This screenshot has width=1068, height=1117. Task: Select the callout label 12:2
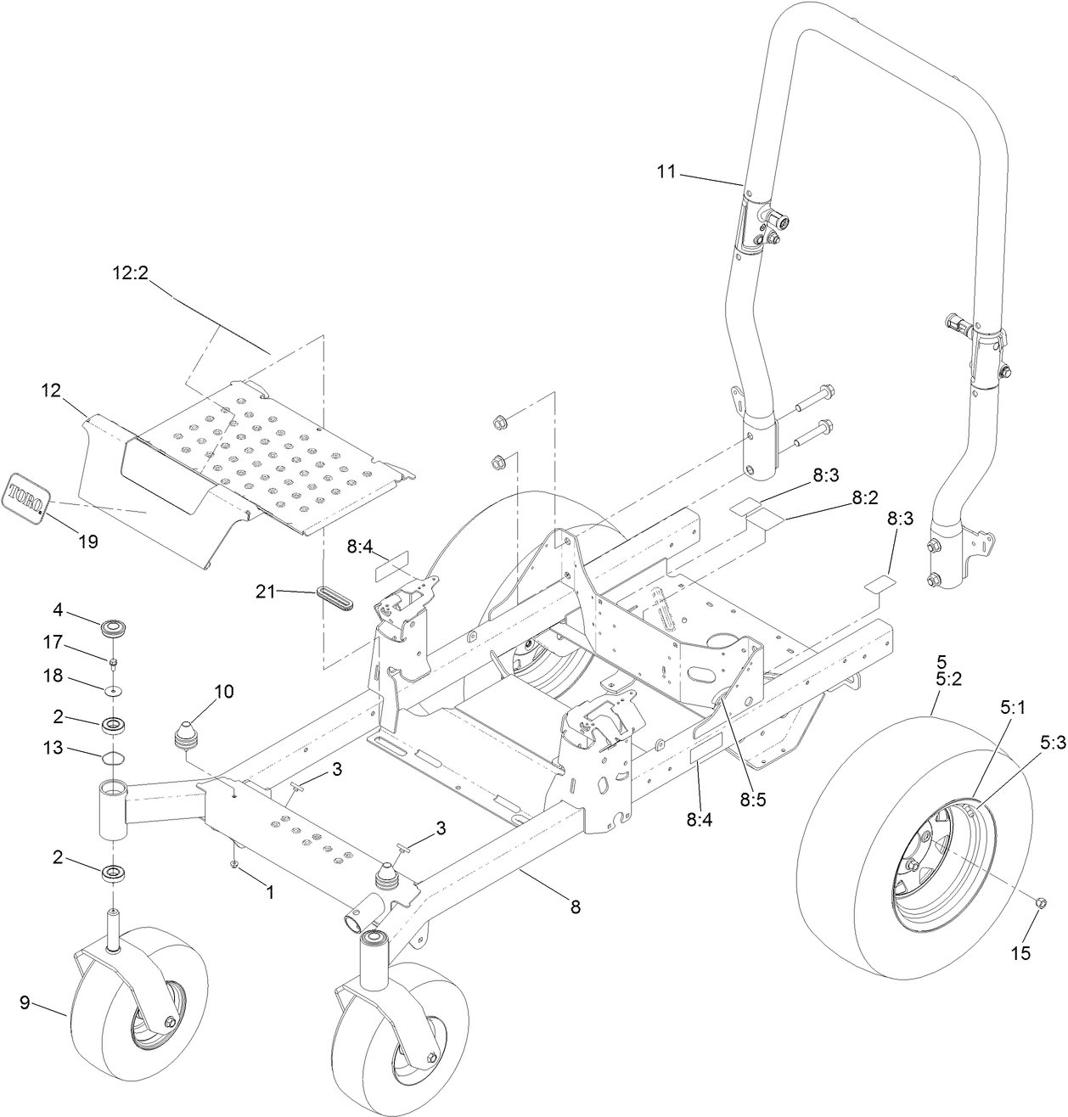coord(131,274)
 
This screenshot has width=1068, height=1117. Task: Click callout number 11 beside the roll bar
coord(666,171)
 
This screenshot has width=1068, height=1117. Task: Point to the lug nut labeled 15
coord(1043,902)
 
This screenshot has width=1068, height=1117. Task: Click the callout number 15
coord(1021,953)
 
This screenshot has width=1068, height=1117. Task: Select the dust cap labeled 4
coord(111,630)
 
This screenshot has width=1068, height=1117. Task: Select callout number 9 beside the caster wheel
coord(25,1002)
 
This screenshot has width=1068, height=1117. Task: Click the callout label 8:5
coord(752,798)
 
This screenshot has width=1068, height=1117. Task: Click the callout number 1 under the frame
coord(270,892)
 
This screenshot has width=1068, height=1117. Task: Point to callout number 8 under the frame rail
coord(575,907)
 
